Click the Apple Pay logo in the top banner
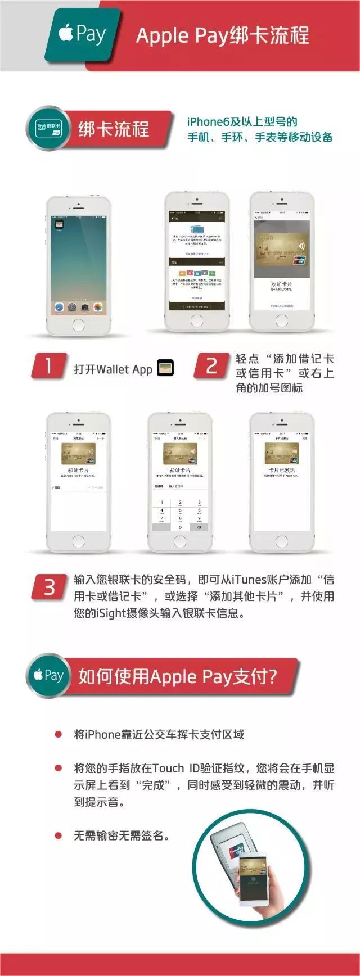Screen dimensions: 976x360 (82, 35)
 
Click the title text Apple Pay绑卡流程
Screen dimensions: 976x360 (223, 35)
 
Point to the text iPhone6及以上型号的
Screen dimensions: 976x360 (242, 121)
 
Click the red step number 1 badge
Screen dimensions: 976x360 (49, 366)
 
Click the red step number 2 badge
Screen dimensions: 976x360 (211, 366)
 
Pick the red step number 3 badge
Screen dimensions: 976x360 (49, 587)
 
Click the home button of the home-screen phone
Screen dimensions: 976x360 (79, 324)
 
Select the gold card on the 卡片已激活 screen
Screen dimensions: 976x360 (281, 454)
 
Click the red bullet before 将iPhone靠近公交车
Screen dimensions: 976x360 (58, 735)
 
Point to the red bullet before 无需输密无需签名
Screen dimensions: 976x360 (58, 836)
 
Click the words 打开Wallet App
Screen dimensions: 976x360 (113, 369)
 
